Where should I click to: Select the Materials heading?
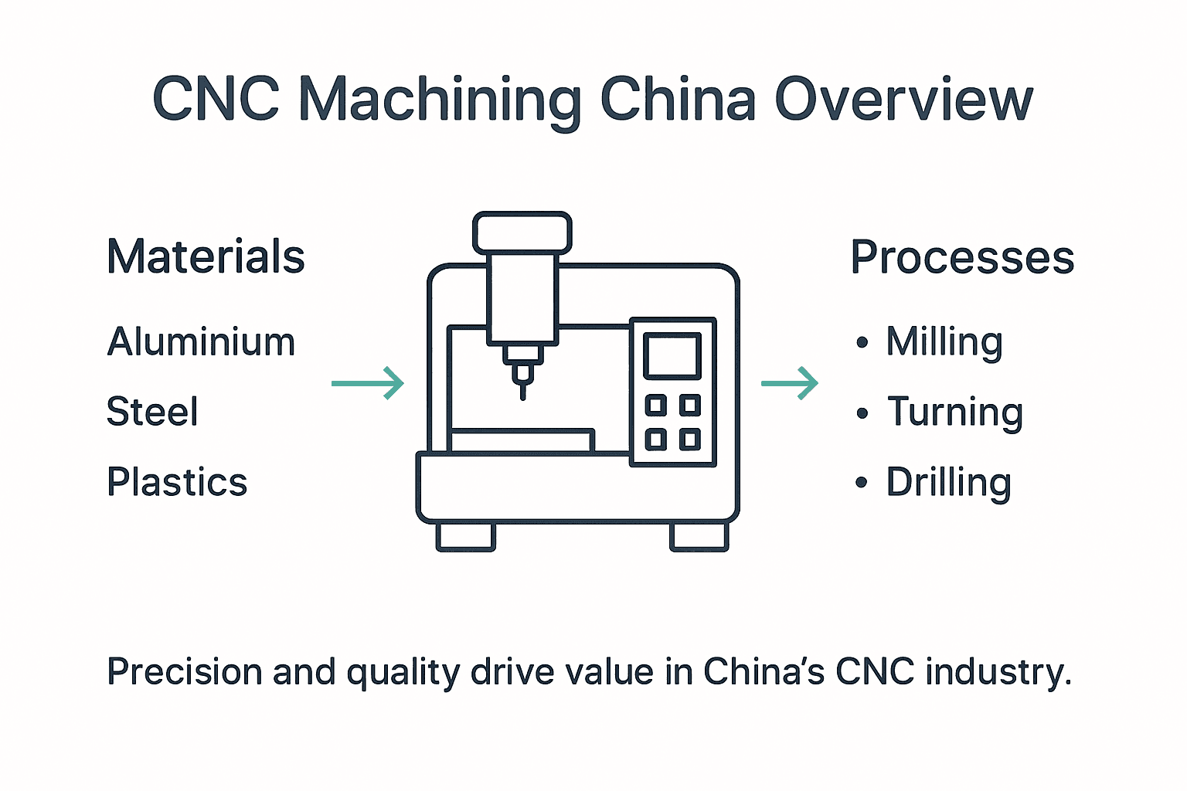pyautogui.click(x=206, y=256)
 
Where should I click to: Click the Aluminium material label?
pyautogui.click(x=201, y=341)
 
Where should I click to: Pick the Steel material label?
pyautogui.click(x=152, y=411)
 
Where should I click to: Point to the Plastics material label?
pyautogui.click(x=177, y=482)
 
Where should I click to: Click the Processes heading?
pyautogui.click(x=962, y=257)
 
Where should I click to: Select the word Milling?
pyautogui.click(x=944, y=342)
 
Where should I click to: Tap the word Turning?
pyautogui.click(x=955, y=412)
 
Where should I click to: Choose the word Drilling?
pyautogui.click(x=948, y=483)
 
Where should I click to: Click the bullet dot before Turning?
pyautogui.click(x=862, y=413)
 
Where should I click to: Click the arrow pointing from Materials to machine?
pyautogui.click(x=368, y=383)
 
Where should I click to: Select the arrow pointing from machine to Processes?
pyautogui.click(x=790, y=383)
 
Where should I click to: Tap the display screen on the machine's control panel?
pyautogui.click(x=672, y=355)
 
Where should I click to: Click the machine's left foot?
pyautogui.click(x=465, y=537)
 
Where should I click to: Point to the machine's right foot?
pyautogui.click(x=699, y=537)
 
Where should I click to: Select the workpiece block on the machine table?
pyautogui.click(x=522, y=441)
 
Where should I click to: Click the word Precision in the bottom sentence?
pyautogui.click(x=183, y=672)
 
